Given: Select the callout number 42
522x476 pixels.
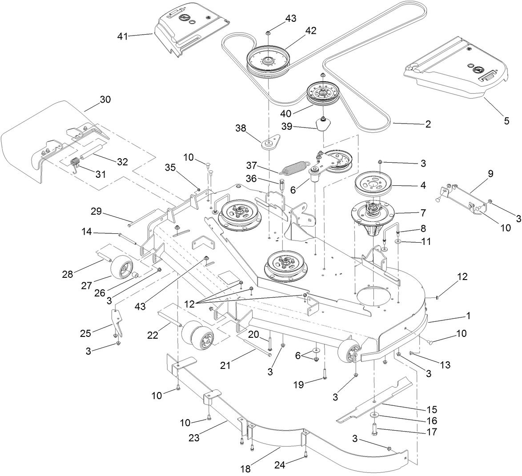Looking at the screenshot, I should pos(310,31).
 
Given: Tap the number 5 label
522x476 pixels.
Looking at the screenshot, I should pos(506,120).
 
